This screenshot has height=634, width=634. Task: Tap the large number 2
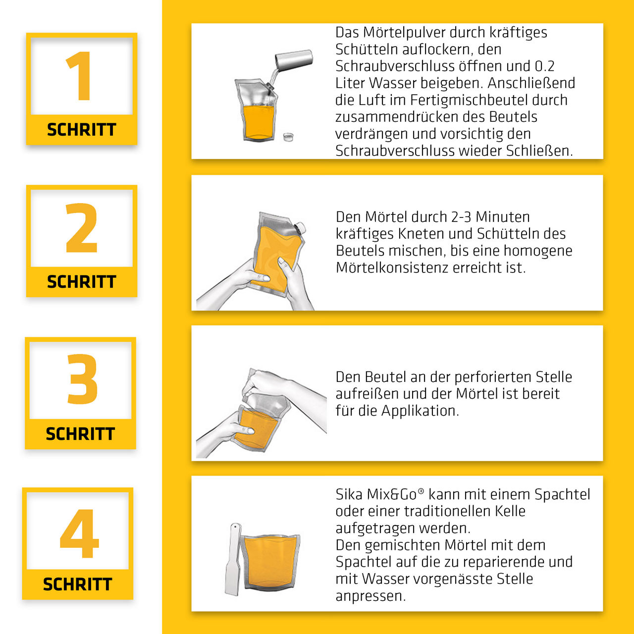pos(82,227)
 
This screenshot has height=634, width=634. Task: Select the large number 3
pos(82,379)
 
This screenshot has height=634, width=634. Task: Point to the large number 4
pos(79,530)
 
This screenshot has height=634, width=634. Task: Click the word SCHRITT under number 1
pos(81,129)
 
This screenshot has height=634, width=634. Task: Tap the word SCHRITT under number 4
pos(78,584)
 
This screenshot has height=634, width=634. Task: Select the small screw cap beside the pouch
pos(288,137)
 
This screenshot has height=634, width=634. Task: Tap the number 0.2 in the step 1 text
pos(545,66)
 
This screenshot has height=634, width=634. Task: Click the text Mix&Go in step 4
pos(391,494)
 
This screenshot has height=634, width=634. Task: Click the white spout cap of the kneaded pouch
pos(301,227)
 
